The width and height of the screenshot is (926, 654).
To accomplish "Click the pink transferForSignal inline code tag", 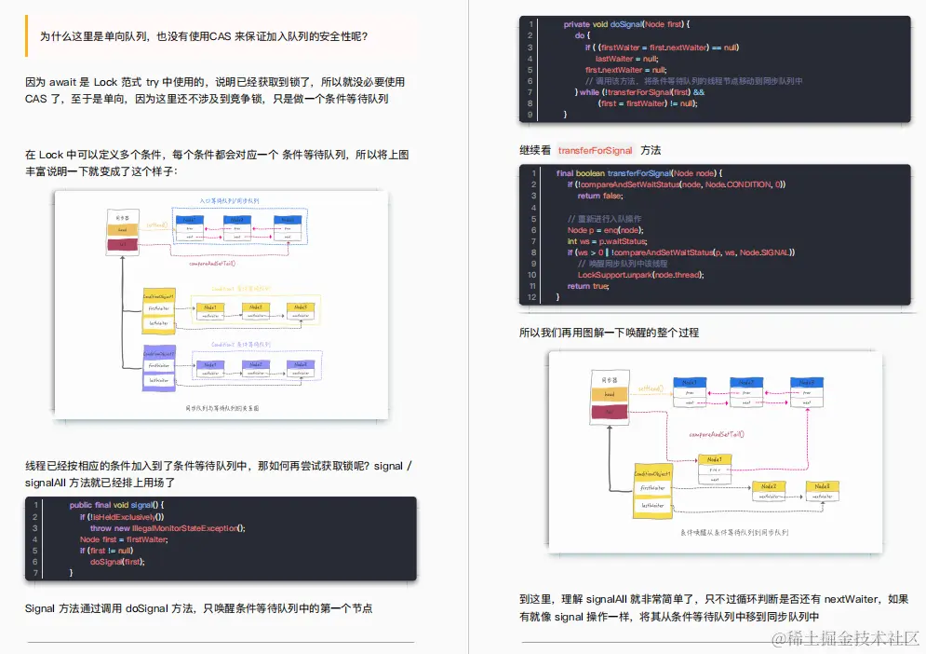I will pyautogui.click(x=596, y=150).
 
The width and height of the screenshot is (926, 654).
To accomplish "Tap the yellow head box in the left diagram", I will pyautogui.click(x=122, y=229).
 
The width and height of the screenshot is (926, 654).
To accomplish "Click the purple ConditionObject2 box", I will pyautogui.click(x=157, y=354).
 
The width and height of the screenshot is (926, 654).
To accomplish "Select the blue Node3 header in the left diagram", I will pyautogui.click(x=288, y=220).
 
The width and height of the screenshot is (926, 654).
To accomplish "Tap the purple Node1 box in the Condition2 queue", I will pyautogui.click(x=209, y=364).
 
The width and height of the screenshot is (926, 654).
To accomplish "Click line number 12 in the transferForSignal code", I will pyautogui.click(x=531, y=297).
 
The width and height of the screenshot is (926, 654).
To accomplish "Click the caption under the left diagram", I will pyautogui.click(x=221, y=408).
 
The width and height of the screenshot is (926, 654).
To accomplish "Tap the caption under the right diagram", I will pyautogui.click(x=733, y=532).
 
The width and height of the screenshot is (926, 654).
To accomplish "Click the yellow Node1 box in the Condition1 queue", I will pyautogui.click(x=209, y=307).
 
